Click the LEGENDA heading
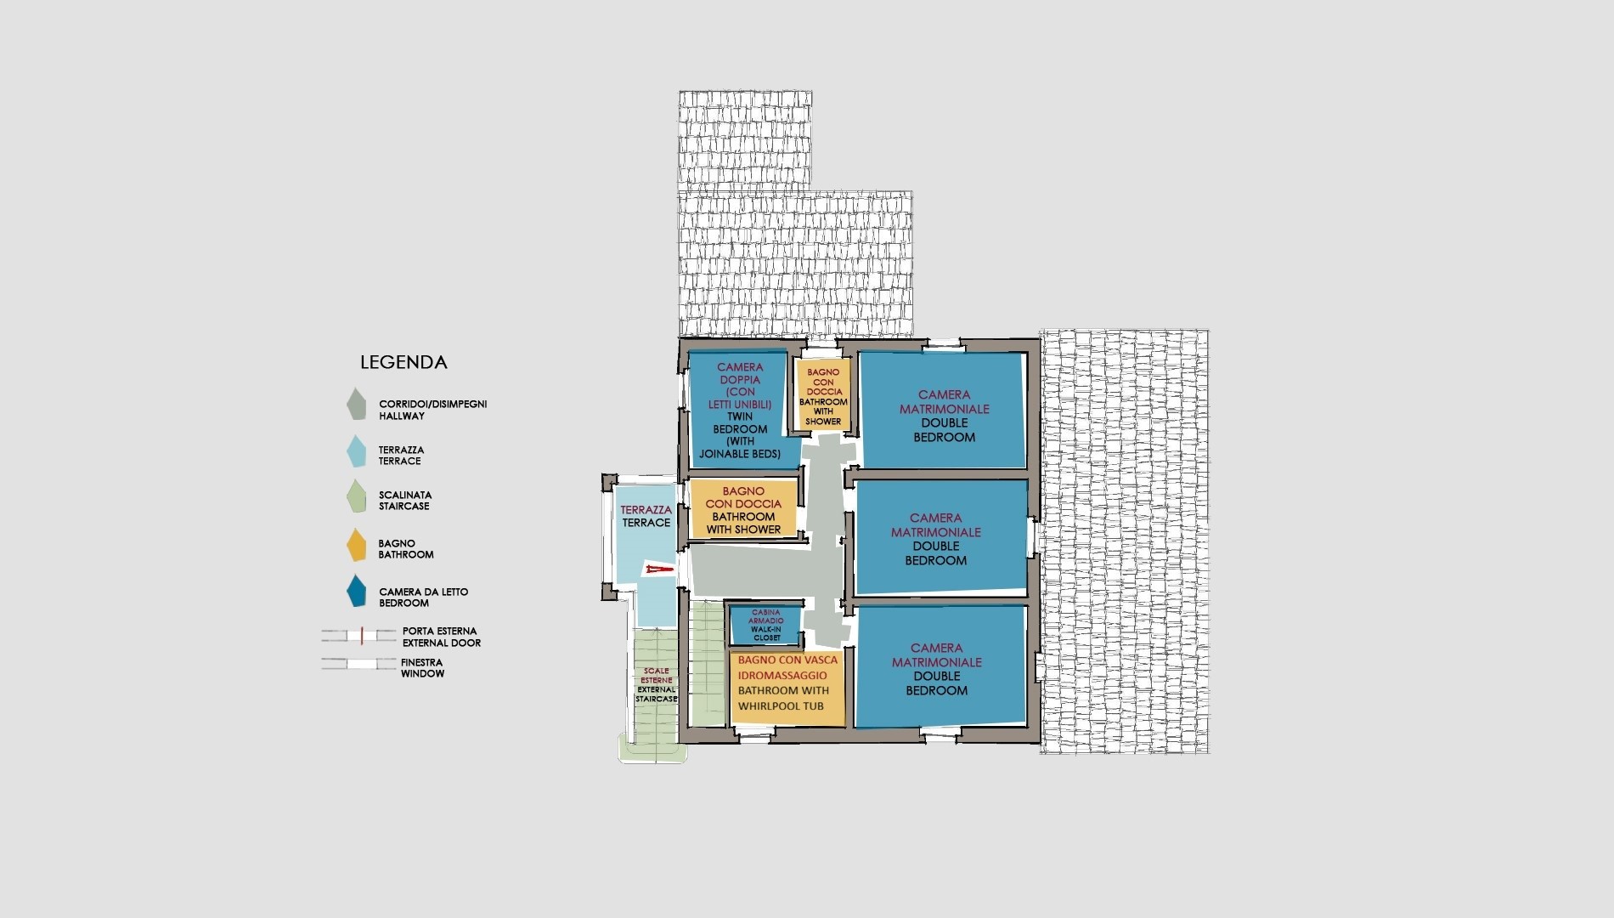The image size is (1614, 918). coord(403,362)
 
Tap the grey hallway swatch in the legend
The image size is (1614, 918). coord(356,405)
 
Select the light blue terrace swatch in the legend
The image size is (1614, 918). coord(357,452)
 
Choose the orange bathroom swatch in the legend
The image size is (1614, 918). coord(357,546)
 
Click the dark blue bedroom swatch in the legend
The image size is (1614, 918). coord(357,592)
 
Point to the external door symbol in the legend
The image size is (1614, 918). coord(359,635)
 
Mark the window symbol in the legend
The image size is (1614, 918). coord(359,664)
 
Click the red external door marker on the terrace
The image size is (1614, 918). coord(657,568)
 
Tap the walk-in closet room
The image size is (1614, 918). coord(766,624)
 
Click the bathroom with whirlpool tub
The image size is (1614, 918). coord(787,688)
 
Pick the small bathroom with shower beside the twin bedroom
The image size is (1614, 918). coord(822,395)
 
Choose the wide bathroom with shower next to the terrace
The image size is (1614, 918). coord(743,509)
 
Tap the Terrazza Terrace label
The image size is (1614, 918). coord(646,516)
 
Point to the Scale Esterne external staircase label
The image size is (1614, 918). coord(657,685)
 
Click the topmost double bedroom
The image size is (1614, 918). coord(943,410)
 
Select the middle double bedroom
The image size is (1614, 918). coord(940,537)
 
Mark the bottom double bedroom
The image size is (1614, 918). coord(940,667)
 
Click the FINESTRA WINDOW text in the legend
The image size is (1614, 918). coord(422,668)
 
